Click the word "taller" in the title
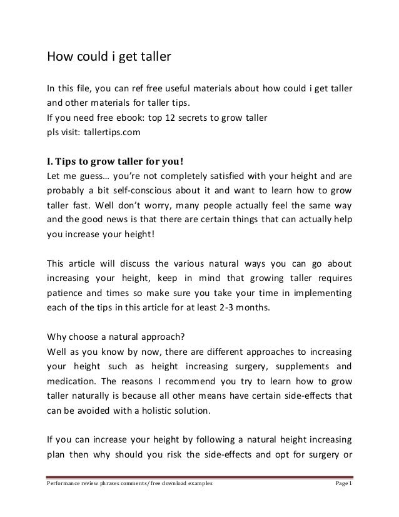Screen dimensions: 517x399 coord(153,58)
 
